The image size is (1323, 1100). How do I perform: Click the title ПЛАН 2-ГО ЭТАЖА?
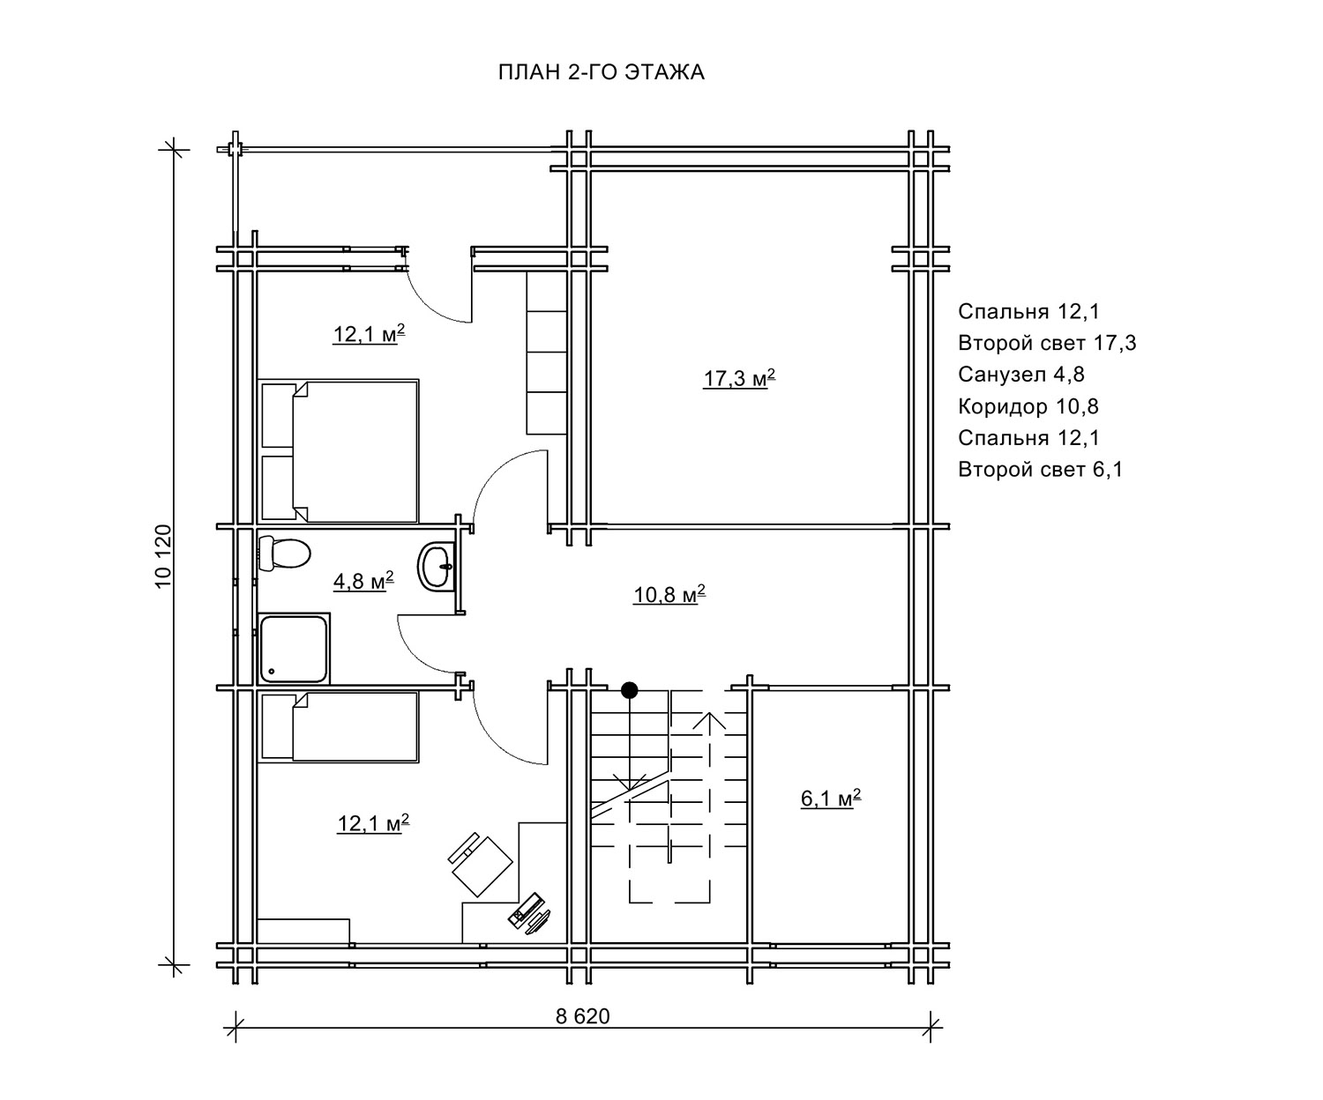click(x=602, y=72)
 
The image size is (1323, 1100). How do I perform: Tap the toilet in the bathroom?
click(x=284, y=553)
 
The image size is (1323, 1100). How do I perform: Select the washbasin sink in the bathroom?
click(x=436, y=566)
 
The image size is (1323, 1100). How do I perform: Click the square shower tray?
click(x=294, y=649)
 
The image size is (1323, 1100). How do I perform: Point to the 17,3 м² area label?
click(x=739, y=378)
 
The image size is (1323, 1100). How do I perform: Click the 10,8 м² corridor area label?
click(x=669, y=594)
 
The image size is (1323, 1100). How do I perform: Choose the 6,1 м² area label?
click(x=831, y=798)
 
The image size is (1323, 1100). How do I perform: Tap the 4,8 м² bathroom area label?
click(x=363, y=580)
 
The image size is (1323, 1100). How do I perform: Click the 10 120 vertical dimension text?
click(x=163, y=557)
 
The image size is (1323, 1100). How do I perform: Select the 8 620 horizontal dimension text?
click(x=582, y=1015)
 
